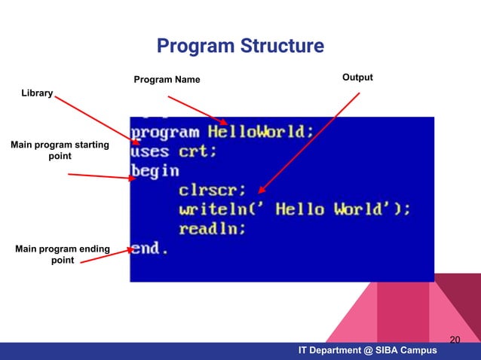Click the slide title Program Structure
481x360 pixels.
click(x=240, y=47)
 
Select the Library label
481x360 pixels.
click(x=36, y=93)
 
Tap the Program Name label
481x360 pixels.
click(x=167, y=81)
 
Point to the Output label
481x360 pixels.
click(x=357, y=78)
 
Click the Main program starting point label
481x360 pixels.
click(x=60, y=150)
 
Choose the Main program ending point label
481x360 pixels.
click(x=62, y=255)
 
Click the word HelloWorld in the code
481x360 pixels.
click(x=261, y=131)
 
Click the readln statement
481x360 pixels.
click(x=212, y=229)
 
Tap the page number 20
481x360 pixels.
click(x=455, y=340)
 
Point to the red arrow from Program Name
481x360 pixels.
click(x=198, y=110)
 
